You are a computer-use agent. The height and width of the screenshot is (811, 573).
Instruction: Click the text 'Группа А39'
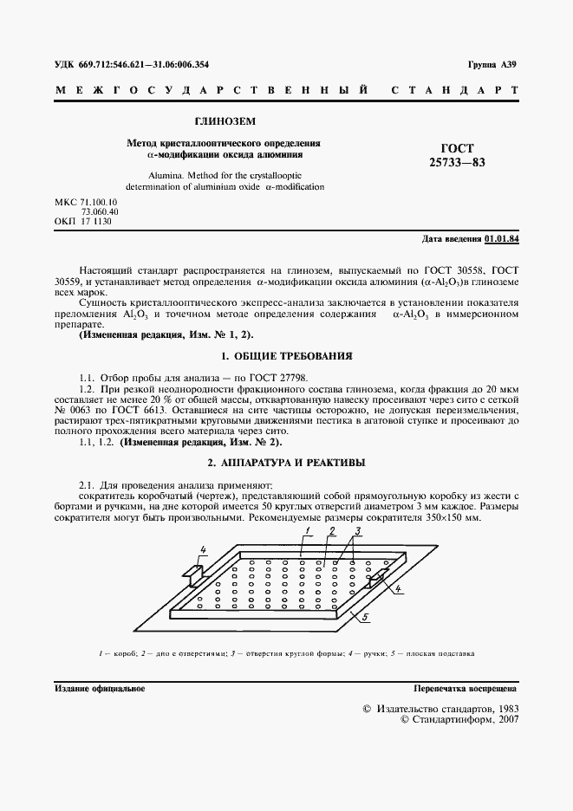(492, 65)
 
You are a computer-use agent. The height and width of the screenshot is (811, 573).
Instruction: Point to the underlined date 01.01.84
(502, 237)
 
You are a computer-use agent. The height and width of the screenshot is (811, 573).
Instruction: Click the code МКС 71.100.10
(86, 202)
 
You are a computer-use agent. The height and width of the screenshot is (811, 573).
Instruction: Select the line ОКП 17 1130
(83, 222)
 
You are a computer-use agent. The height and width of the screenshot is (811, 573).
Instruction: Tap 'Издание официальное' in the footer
(99, 689)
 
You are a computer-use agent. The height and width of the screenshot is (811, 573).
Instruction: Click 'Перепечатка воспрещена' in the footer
(466, 689)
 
